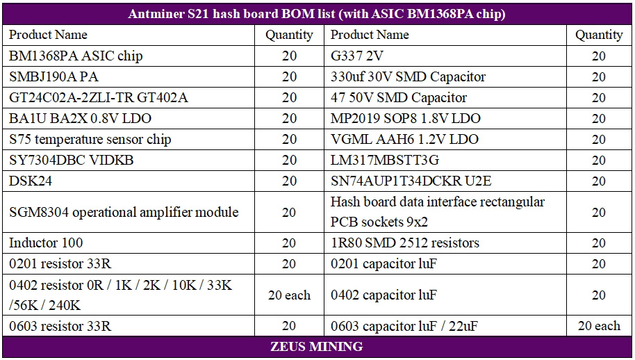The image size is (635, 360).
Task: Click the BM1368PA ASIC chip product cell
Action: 76,56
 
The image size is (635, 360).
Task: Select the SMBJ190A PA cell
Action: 54,76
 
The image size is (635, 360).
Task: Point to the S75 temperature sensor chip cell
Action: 90,139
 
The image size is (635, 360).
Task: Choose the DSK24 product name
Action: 31,181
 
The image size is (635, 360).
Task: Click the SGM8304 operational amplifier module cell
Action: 124,212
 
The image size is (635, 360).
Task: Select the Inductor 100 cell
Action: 46,243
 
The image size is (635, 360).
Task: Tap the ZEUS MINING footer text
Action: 317,346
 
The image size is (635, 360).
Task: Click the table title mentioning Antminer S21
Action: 317,14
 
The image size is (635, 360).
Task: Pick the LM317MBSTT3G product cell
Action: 385,160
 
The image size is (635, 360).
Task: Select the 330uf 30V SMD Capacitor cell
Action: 408,76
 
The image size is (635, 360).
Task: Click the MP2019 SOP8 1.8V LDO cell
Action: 405,118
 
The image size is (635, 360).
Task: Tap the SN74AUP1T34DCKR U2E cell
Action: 411,181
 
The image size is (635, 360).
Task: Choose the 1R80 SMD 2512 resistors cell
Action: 405,243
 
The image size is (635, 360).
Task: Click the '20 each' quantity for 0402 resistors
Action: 289,295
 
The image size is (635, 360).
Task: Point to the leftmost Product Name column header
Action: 48,34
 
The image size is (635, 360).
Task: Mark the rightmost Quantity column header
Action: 599,34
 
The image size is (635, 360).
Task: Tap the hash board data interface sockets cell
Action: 438,212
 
